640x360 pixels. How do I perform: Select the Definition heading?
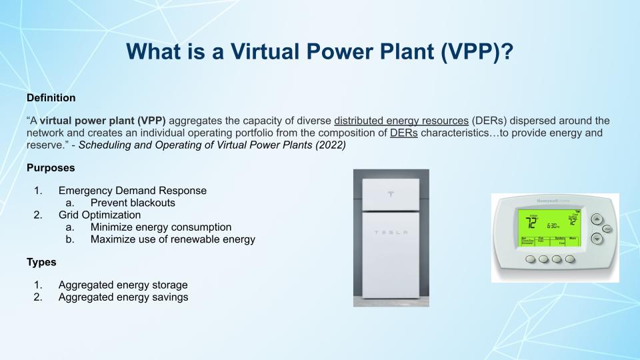pos(51,98)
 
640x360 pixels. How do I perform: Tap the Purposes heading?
pos(51,168)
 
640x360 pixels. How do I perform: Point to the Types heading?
pos(41,262)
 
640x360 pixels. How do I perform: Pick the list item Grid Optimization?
pos(99,215)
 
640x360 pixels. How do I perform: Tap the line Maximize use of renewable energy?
pos(173,239)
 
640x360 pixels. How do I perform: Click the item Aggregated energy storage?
pos(123,285)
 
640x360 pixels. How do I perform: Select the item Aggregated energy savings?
pos(123,297)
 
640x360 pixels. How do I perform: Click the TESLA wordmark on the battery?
pos(391,232)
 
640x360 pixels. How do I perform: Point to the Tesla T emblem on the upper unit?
pos(391,194)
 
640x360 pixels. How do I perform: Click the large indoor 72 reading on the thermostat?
pos(531,222)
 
